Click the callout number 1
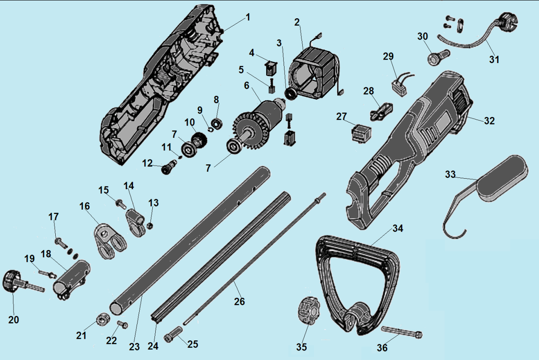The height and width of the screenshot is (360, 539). point(248,17)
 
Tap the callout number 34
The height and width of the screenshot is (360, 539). point(398,228)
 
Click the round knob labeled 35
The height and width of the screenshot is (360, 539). point(309,311)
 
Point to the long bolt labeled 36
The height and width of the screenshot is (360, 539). point(402,331)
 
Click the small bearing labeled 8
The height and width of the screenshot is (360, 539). point(216,124)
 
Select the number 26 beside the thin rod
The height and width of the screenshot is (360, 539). point(239,301)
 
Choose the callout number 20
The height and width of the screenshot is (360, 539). point(13,320)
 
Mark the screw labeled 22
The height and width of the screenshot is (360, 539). point(123,324)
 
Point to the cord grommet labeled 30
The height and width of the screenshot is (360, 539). point(439,57)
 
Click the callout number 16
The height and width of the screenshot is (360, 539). point(84,206)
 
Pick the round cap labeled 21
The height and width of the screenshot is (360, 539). point(103,319)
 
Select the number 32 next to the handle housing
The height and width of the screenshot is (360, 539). point(489,121)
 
